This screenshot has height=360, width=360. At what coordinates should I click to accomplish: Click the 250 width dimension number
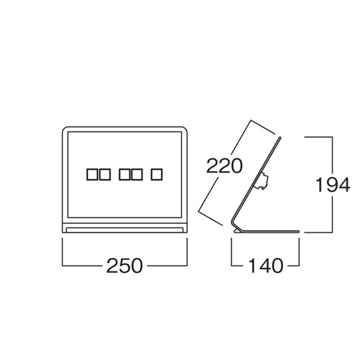(x=125, y=266)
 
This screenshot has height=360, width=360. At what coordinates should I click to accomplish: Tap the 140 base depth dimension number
(x=266, y=266)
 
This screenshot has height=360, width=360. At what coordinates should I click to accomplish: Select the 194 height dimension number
(x=333, y=184)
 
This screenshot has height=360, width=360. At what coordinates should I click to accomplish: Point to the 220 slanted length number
(x=225, y=166)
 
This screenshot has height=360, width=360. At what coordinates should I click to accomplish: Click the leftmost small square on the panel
(x=92, y=174)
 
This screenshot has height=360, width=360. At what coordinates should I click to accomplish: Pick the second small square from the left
(x=105, y=174)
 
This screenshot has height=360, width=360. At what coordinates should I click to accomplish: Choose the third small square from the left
(x=125, y=174)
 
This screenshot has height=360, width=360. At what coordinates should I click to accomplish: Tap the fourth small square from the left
(x=137, y=174)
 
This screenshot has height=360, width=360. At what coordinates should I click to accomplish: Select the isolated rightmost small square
(x=157, y=174)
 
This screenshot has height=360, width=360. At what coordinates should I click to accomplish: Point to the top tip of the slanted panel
(x=279, y=138)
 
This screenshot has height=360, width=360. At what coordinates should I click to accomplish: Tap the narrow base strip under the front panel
(x=125, y=230)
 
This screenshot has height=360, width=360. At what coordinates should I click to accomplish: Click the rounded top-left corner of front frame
(x=64, y=129)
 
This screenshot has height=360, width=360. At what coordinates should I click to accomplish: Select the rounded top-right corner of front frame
(x=185, y=129)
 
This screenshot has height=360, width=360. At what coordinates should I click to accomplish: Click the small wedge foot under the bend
(x=237, y=230)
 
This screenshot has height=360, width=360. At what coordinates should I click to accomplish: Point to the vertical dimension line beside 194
(x=333, y=184)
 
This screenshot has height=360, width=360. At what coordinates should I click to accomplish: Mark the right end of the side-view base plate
(x=299, y=232)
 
